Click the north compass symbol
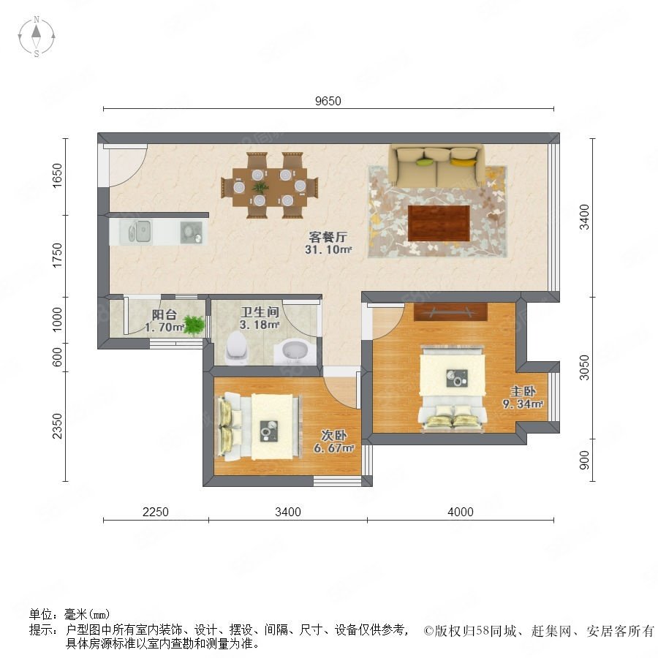37,36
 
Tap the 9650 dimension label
328,101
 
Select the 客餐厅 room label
328,237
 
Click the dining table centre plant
260,187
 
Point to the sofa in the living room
437,166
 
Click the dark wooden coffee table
439,223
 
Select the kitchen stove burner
192,232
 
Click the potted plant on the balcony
194,325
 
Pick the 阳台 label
164,314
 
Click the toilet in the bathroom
237,348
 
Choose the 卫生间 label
260,311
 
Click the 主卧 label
523,392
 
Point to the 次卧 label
334,435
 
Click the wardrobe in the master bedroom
450,311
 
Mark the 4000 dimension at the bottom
461,512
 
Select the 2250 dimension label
156,512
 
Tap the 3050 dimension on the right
584,368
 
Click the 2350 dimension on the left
57,426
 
